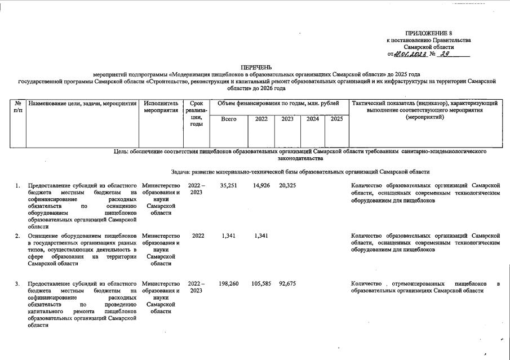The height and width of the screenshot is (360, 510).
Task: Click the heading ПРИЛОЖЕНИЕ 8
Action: [x=428, y=34]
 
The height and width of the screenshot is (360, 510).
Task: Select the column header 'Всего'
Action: [x=229, y=119]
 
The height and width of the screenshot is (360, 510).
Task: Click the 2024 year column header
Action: [x=312, y=119]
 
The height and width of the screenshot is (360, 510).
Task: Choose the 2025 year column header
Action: [x=336, y=119]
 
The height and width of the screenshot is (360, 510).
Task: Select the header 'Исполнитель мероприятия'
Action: [x=161, y=107]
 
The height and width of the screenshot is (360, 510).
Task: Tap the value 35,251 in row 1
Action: [x=228, y=185]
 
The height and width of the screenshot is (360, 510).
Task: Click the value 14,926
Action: [x=261, y=185]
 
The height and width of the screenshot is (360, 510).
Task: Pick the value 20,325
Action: [x=287, y=185]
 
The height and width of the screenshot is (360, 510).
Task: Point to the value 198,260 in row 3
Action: [x=229, y=283]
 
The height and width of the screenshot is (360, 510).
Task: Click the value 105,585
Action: [x=262, y=283]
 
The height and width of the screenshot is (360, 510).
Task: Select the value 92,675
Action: [x=287, y=283]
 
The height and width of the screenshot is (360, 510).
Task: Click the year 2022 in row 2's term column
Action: [x=197, y=236]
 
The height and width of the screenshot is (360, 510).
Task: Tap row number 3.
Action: [x=18, y=283]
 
